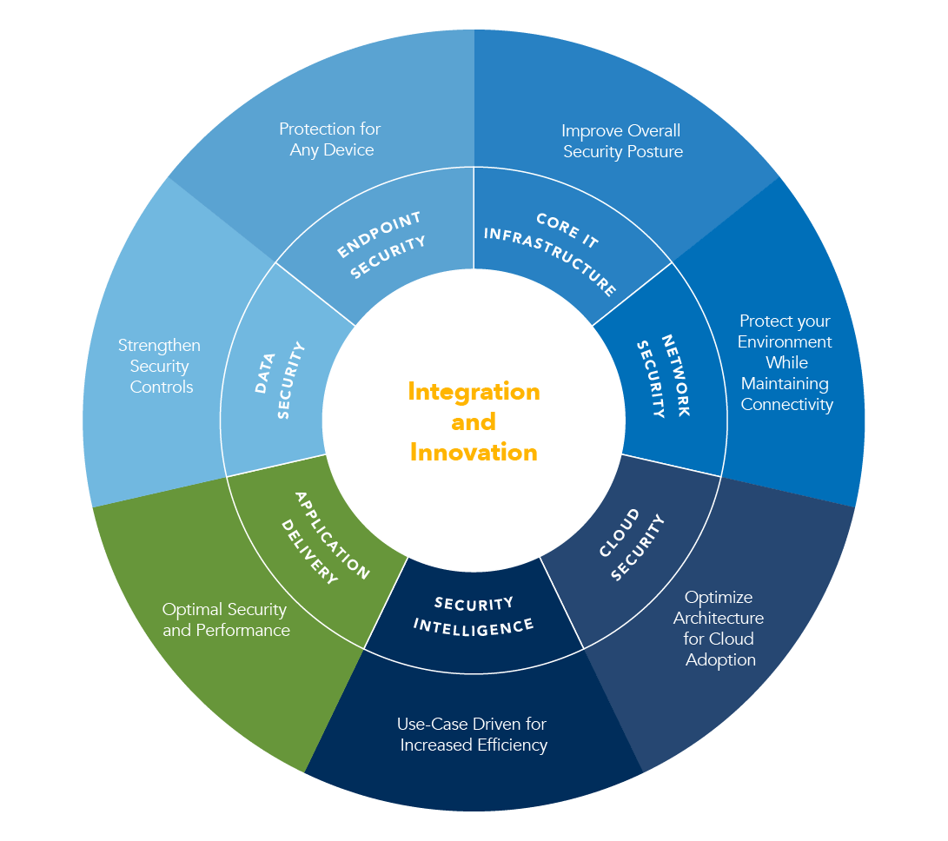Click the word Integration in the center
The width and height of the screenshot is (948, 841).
[x=474, y=392]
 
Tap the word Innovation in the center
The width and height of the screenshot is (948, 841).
[x=474, y=453]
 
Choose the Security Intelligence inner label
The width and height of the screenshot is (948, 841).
[x=474, y=614]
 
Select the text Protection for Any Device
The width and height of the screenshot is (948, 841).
[x=330, y=139]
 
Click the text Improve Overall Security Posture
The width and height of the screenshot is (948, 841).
[x=621, y=141]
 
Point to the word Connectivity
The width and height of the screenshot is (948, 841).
[x=786, y=405]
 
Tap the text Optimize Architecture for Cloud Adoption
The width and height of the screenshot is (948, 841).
[x=719, y=628]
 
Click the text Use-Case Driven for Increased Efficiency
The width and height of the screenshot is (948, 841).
[x=474, y=734]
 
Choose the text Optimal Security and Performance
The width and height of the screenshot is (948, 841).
[x=226, y=619]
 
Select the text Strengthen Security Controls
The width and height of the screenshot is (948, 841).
[x=160, y=366]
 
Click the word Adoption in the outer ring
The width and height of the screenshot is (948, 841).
[x=720, y=660]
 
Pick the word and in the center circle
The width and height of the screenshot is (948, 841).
[x=474, y=422]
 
